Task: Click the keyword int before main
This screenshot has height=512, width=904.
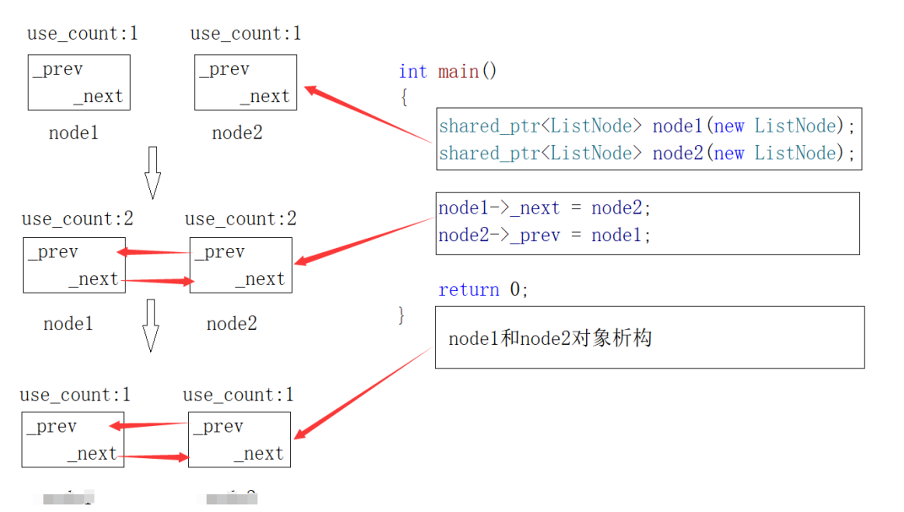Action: coord(412,72)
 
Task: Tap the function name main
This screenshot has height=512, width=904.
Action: coord(458,72)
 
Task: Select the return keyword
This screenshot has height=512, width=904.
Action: coord(469,290)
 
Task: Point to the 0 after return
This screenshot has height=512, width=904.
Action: coord(514,290)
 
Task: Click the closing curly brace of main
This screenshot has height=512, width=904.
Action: coord(402,315)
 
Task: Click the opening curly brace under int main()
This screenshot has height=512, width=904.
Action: coord(404,97)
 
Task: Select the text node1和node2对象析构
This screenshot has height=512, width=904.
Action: coord(550,339)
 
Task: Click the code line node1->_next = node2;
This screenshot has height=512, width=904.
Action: coord(545,207)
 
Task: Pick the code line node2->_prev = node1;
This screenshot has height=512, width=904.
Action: coord(545,235)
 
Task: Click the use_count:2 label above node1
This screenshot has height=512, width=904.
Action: coord(78,219)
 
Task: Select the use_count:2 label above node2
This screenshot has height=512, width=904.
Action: coord(240,219)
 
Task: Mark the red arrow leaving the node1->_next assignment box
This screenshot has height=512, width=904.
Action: coord(363,240)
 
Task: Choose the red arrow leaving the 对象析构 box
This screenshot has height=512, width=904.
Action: coord(363,392)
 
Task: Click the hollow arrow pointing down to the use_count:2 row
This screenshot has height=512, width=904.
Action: coord(152,172)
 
